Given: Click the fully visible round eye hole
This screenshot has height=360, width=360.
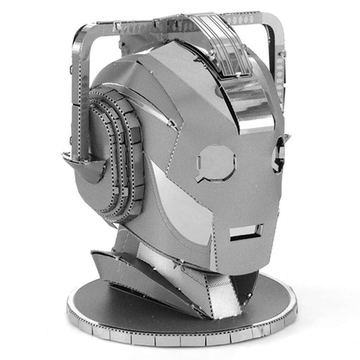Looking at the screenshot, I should coord(217,162).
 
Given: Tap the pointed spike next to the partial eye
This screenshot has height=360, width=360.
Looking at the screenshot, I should coord(285,138).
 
